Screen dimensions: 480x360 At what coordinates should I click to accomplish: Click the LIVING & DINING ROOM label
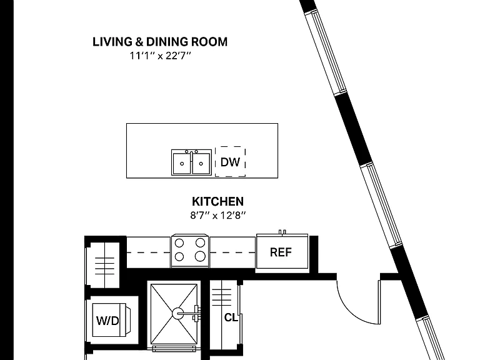pyautogui.click(x=160, y=42)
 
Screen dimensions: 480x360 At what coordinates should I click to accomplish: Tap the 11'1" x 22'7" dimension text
pyautogui.click(x=160, y=56)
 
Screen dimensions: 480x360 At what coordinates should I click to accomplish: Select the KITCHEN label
pyautogui.click(x=217, y=201)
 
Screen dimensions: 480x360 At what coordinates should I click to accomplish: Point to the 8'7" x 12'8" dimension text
pyautogui.click(x=217, y=216)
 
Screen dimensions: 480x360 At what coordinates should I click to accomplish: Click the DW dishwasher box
pyautogui.click(x=230, y=162)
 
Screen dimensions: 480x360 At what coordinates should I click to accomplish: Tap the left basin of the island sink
pyautogui.click(x=182, y=164)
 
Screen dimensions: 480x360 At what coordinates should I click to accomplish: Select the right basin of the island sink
pyautogui.click(x=201, y=164)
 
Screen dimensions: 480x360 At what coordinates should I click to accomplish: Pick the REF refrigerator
pyautogui.click(x=282, y=251)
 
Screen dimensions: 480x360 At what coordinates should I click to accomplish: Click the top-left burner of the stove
pyautogui.click(x=179, y=243)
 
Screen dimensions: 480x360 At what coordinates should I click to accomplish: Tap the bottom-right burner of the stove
pyautogui.click(x=200, y=256)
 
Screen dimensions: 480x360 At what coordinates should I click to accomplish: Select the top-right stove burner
pyautogui.click(x=200, y=242)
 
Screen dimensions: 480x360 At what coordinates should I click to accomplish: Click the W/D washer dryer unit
pyautogui.click(x=109, y=320)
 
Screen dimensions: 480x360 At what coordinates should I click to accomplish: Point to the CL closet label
pyautogui.click(x=231, y=317)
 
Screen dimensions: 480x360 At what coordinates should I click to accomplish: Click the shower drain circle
pyautogui.click(x=178, y=314)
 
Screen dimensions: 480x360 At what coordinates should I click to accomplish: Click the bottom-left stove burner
pyautogui.click(x=179, y=256)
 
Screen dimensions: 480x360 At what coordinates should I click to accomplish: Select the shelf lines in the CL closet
pyautogui.click(x=222, y=297)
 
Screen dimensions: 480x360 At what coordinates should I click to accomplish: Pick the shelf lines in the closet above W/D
pyautogui.click(x=105, y=266)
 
